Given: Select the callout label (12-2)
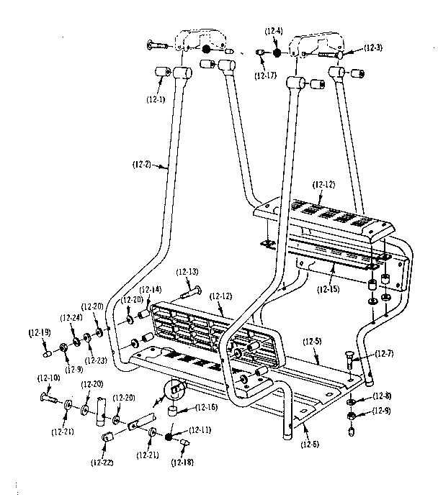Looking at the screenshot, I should point(143,165).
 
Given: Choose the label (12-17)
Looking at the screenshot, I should point(265,74).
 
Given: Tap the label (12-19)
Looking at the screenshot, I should point(40,333).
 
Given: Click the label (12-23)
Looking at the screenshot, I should point(94,360).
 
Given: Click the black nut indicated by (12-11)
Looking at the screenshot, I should point(169,437).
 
